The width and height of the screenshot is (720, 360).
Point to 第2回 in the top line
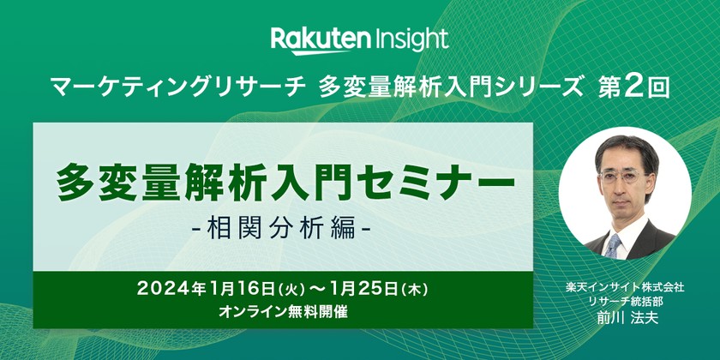coord(633,86)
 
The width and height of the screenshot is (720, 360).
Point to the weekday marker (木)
coord(429,290)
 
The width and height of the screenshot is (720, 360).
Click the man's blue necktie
coord(614,245)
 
